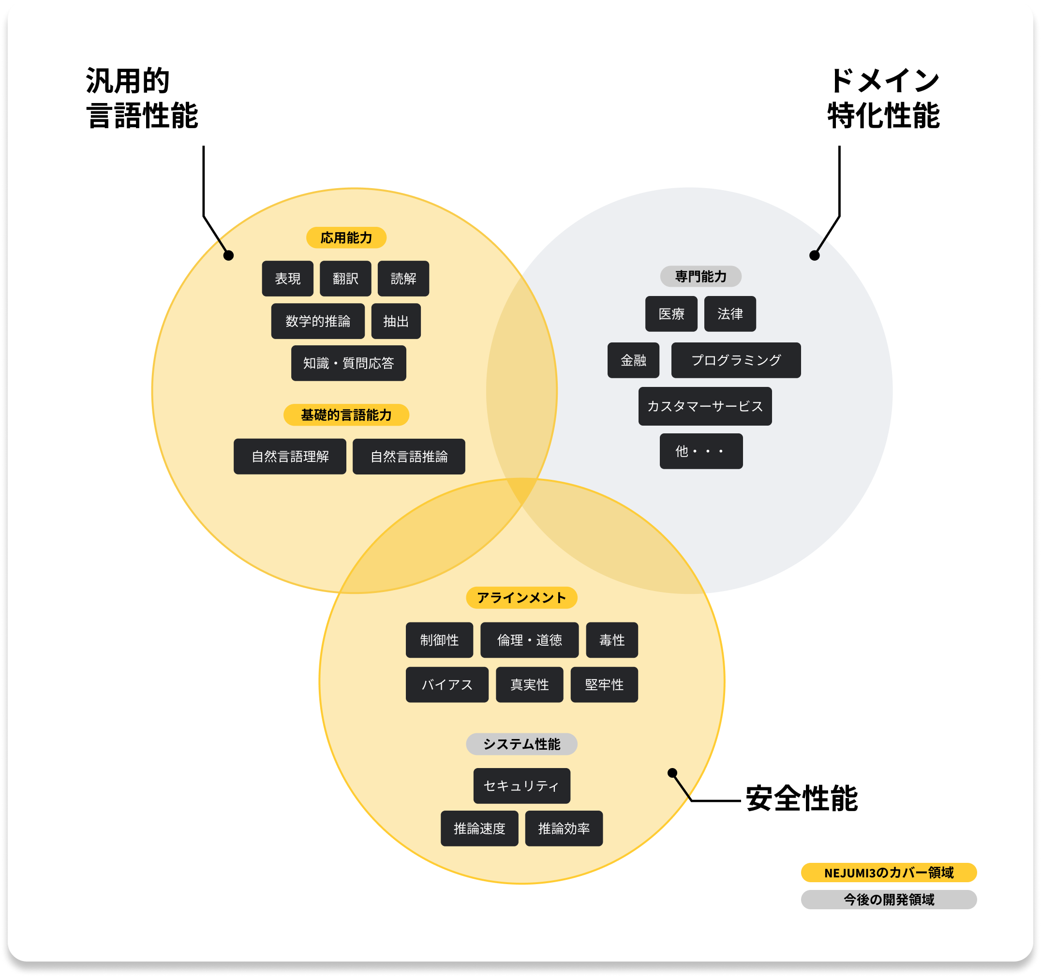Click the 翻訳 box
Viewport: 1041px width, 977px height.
click(345, 279)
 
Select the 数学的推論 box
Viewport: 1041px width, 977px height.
click(317, 321)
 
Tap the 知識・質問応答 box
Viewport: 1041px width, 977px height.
click(348, 363)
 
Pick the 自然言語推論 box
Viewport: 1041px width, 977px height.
click(408, 457)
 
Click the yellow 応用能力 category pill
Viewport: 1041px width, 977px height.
click(346, 237)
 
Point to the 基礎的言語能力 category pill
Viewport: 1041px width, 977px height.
click(346, 415)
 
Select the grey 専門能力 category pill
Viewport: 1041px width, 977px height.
click(700, 277)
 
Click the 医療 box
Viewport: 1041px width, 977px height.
click(671, 313)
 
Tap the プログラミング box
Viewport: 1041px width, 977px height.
click(735, 360)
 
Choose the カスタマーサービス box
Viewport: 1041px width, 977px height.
click(704, 406)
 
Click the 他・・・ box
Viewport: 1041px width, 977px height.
click(700, 451)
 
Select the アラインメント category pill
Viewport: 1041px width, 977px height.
click(521, 598)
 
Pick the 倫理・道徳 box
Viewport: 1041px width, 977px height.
click(529, 640)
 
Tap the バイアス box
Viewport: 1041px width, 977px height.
click(446, 685)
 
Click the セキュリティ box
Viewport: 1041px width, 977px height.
click(521, 786)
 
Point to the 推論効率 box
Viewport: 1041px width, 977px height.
click(564, 829)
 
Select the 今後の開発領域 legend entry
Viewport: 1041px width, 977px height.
click(888, 900)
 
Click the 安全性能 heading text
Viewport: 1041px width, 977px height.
click(801, 799)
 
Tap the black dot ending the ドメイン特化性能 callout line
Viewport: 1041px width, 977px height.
click(814, 255)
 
